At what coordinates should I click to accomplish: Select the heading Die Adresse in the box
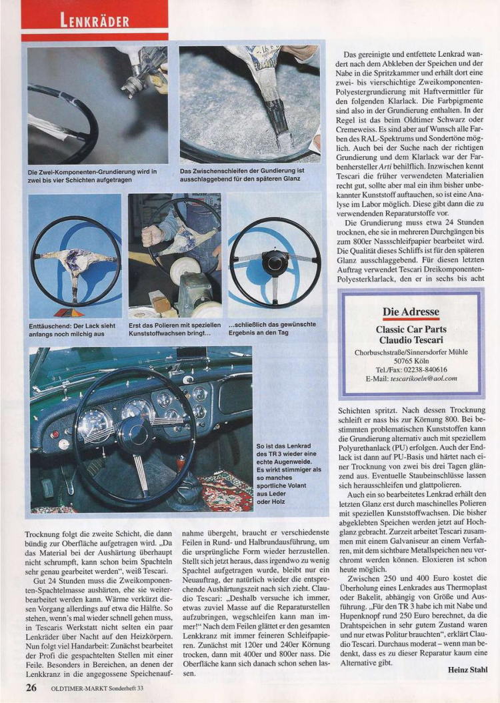tap(411, 311)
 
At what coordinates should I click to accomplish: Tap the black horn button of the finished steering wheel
tap(275, 262)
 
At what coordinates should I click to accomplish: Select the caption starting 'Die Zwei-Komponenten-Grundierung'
tap(93, 175)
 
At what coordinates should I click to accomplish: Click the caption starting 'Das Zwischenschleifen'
tap(243, 175)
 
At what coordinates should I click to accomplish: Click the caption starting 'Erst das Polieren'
tap(175, 328)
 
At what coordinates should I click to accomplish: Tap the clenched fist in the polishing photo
tap(155, 235)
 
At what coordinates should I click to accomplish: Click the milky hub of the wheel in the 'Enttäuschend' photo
tap(75, 260)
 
